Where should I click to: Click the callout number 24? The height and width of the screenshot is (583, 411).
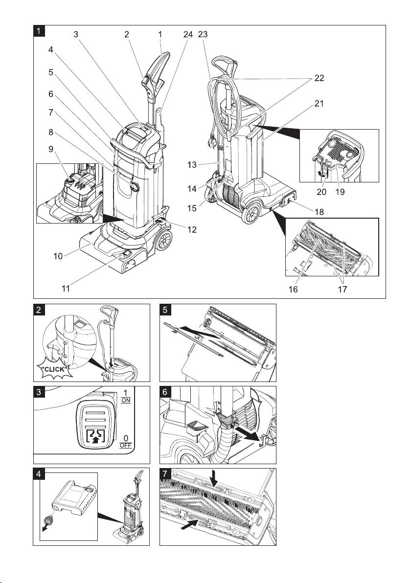187,35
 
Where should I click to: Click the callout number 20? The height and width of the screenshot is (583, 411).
321,192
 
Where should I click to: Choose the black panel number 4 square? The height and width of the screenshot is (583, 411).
39,474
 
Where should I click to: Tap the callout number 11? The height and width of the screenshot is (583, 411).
66,289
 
